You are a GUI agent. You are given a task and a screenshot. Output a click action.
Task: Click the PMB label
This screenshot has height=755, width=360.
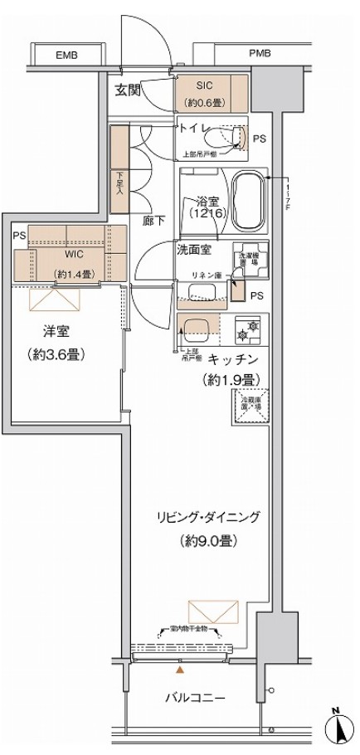260,54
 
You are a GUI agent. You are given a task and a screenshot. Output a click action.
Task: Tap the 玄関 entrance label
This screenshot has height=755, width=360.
129,89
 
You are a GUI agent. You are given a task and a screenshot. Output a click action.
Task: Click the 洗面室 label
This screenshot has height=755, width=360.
194,248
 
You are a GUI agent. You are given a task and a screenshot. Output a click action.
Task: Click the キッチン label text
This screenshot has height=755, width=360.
233,358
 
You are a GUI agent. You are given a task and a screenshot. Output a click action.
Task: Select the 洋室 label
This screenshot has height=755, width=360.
56,331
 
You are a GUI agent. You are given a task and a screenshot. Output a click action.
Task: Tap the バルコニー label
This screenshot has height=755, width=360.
196,697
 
